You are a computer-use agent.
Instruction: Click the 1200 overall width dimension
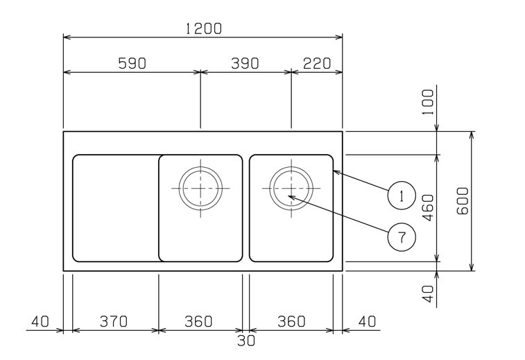(x=203, y=28)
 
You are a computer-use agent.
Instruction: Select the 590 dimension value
(x=132, y=63)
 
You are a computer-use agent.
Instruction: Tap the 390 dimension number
(x=244, y=63)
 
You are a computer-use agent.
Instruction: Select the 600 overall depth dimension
(x=463, y=200)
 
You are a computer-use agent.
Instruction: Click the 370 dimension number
(x=114, y=321)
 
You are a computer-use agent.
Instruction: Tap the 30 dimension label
(x=246, y=341)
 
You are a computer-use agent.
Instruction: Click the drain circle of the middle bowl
(x=201, y=187)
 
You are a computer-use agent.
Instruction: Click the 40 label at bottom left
(x=40, y=321)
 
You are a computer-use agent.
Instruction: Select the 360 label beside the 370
(x=199, y=321)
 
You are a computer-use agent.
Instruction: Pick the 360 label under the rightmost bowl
(x=291, y=321)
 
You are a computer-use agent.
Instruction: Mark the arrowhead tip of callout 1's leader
(x=334, y=170)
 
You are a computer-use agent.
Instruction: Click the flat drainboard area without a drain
(x=115, y=208)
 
